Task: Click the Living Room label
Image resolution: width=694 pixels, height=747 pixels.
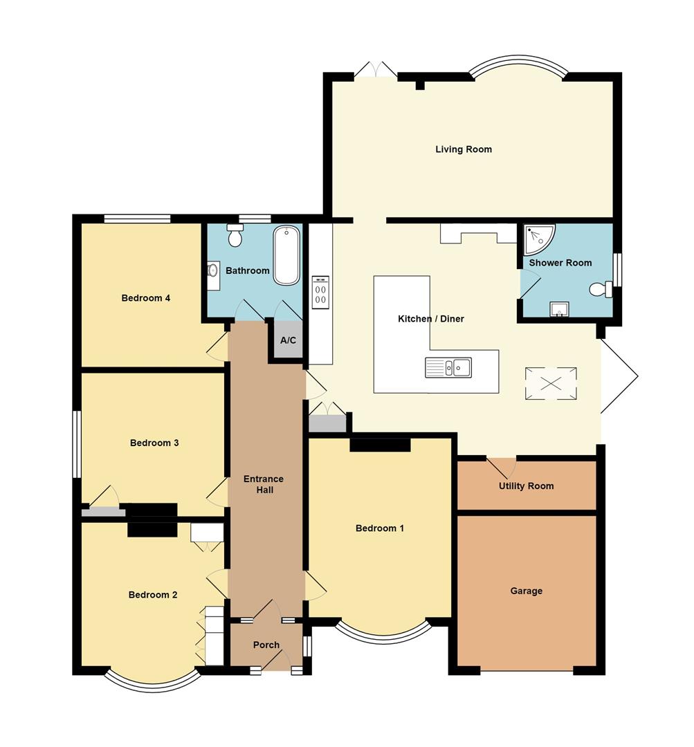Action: coord(464,149)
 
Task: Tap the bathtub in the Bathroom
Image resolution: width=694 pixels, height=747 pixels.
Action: coord(286,255)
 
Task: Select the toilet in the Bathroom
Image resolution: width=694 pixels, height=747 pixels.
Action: coord(235,236)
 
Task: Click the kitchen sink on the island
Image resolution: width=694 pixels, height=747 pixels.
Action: coord(448,367)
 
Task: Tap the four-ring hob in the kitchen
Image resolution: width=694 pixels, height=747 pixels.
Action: coord(320,292)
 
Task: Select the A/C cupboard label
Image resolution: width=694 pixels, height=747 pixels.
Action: coord(288,340)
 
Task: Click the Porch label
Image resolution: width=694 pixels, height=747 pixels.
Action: coord(266,645)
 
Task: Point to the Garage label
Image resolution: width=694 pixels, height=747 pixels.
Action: coord(527,591)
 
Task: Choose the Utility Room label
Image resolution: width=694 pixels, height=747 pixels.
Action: coord(527,486)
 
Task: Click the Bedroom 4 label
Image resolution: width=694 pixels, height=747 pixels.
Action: coord(146,299)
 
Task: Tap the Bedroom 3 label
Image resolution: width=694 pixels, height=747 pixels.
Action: coord(154,443)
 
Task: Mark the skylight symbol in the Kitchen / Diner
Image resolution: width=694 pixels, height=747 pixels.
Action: coord(551,384)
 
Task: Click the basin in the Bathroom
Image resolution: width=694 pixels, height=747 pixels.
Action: coord(212,271)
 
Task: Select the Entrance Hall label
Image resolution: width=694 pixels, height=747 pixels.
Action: coord(264,484)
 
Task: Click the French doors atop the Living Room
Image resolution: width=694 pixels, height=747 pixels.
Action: coord(376,69)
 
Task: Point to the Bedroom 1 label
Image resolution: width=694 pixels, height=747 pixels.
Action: coord(380,528)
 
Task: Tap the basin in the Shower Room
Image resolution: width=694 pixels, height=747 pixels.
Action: coord(559,309)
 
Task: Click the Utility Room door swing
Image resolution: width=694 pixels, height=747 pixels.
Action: coord(502,467)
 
